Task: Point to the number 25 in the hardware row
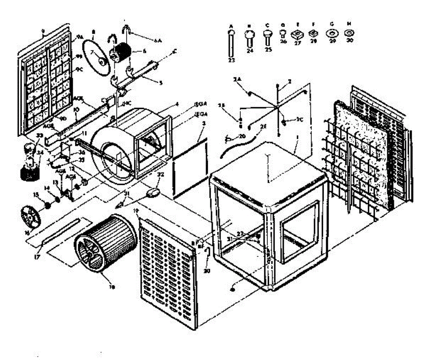click(267, 50)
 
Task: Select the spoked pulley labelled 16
click(31, 216)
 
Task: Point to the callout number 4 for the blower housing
click(177, 105)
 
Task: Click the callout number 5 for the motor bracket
click(161, 82)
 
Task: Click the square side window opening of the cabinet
click(300, 230)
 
